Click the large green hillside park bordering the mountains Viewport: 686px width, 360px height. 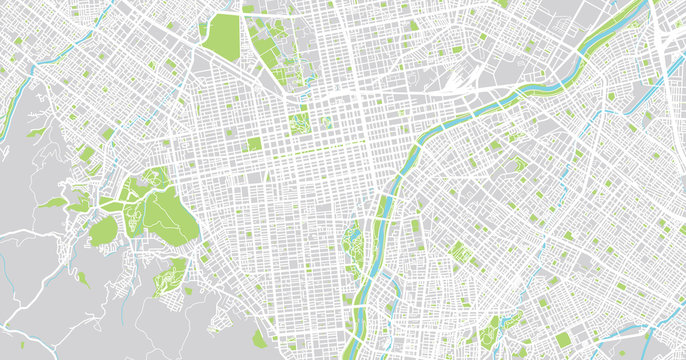[x=160, y=210]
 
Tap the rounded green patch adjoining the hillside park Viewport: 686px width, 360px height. [x=103, y=232]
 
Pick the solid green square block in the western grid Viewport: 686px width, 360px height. [x=254, y=144]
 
